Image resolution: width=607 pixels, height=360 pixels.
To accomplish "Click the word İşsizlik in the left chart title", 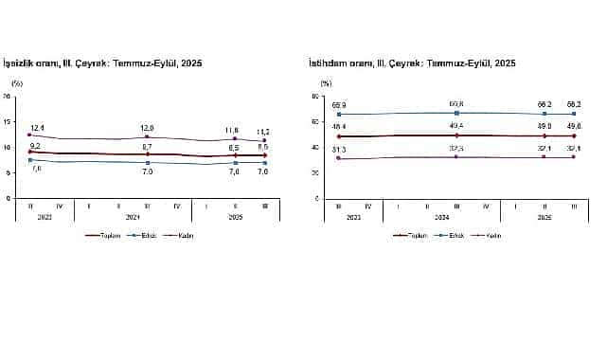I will click(22, 63).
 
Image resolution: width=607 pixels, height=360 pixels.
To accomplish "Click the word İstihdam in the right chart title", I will click(328, 63).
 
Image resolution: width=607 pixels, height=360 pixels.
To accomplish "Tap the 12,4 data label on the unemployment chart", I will click(38, 127).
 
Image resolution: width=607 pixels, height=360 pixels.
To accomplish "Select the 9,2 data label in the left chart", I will click(34, 145).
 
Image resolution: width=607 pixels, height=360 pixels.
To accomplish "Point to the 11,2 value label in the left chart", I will click(264, 133).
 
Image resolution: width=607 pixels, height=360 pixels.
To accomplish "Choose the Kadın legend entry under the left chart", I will click(185, 235).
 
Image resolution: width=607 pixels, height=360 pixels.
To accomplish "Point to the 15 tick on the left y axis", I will click(8, 121).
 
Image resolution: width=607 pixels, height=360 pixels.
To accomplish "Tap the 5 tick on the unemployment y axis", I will click(9, 172).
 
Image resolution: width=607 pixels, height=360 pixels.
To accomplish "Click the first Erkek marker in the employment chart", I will click(337, 114).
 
